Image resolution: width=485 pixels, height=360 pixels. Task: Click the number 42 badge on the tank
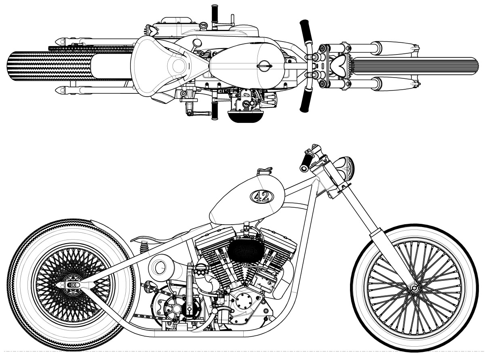point(262,196)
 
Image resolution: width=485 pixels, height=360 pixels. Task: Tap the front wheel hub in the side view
point(413,288)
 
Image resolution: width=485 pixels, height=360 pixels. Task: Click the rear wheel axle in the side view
point(73,285)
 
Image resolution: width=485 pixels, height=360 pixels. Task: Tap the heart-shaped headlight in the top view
point(337,65)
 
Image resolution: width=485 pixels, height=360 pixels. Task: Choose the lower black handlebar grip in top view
point(306,101)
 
